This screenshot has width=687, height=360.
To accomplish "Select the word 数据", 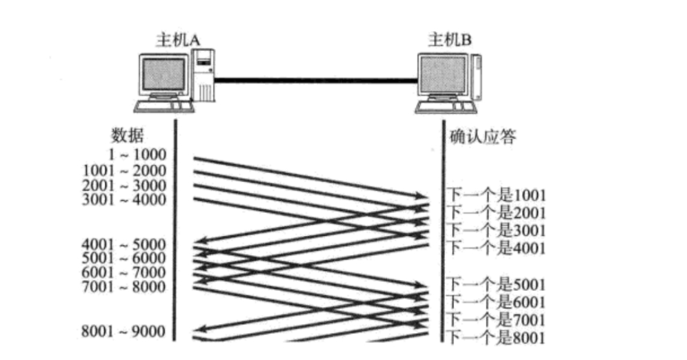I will click(128, 134).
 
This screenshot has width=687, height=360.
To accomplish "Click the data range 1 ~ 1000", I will click(139, 155).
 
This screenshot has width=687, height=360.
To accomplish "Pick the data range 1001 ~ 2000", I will click(124, 170).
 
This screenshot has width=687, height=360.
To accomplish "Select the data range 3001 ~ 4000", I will click(124, 200).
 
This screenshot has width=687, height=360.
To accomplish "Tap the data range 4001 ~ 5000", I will click(124, 244).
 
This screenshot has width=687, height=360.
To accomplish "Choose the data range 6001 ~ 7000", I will click(124, 272).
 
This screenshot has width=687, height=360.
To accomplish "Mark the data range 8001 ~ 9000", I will click(124, 332).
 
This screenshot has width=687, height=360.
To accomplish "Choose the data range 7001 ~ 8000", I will click(124, 286).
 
